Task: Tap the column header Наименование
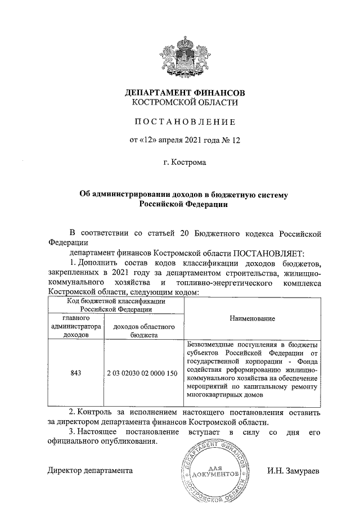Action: [x=253, y=318]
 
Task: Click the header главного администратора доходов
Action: [x=76, y=326]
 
